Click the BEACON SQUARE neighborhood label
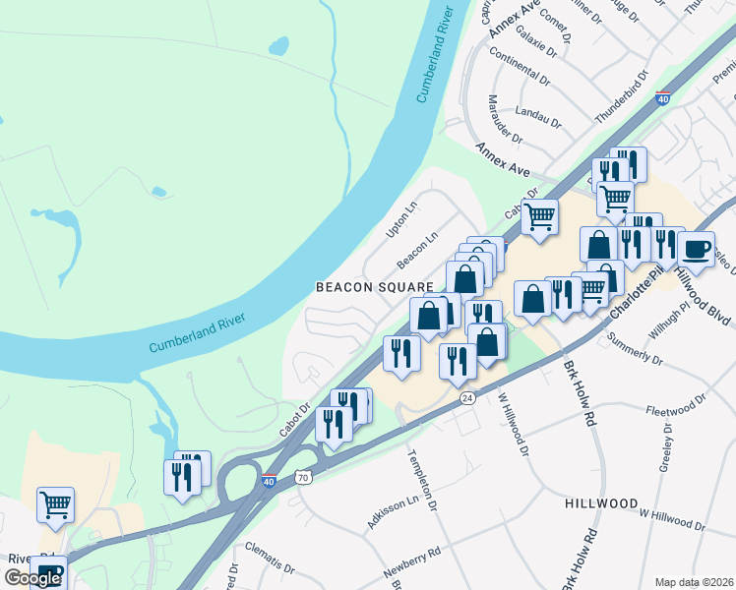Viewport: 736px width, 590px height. tap(374, 286)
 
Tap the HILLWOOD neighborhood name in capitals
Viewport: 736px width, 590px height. tap(602, 502)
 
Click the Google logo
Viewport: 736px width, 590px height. tap(32, 577)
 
